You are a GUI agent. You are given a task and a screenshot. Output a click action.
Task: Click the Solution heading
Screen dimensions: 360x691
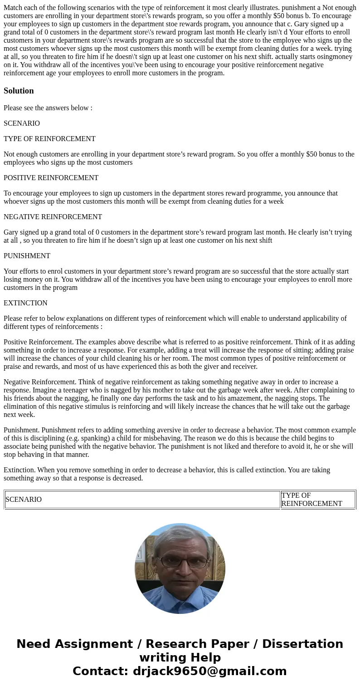pyautogui.click(x=19, y=91)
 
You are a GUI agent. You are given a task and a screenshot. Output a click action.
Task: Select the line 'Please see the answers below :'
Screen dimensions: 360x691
pyautogui.click(x=48, y=108)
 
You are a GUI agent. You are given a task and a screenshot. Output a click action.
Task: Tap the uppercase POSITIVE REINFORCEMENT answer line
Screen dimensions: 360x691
pyautogui.click(x=51, y=178)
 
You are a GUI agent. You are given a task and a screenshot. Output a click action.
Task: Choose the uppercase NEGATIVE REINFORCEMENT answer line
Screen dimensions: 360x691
pyautogui.click(x=53, y=217)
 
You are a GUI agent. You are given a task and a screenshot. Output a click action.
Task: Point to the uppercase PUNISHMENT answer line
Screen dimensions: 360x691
pyautogui.click(x=27, y=256)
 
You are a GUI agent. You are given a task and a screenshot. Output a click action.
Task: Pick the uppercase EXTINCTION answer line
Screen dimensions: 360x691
pyautogui.click(x=25, y=303)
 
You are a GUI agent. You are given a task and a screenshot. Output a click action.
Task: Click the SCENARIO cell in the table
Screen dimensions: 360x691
pyautogui.click(x=24, y=500)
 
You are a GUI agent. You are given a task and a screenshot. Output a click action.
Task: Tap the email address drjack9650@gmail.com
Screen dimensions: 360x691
pyautogui.click(x=209, y=671)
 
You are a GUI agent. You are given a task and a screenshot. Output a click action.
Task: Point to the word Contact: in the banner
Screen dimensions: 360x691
pyautogui.click(x=100, y=671)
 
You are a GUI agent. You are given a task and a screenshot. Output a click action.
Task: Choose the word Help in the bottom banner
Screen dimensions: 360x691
pyautogui.click(x=203, y=658)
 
